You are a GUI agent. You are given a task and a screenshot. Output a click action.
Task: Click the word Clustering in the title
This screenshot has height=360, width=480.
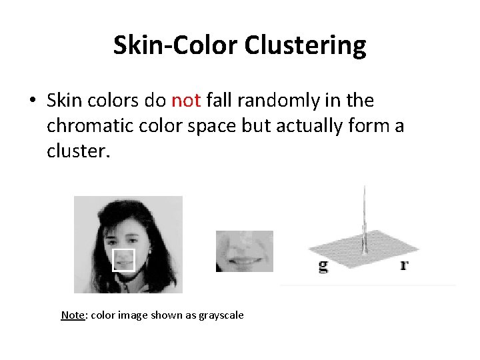point(305,46)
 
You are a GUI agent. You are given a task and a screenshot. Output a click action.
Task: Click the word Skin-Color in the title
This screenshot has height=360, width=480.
point(175,46)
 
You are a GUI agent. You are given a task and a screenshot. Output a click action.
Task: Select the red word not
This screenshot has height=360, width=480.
point(187,101)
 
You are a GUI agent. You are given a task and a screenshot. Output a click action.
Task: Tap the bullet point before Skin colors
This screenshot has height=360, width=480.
point(32,101)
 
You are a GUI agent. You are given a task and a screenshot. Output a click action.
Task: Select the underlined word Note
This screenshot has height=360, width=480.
point(73,315)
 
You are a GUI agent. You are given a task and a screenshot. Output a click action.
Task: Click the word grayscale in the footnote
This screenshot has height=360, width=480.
point(220,315)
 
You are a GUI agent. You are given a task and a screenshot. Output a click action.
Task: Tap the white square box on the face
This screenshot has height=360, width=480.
point(123,260)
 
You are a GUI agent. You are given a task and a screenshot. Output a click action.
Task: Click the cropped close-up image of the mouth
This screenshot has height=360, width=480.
point(244,251)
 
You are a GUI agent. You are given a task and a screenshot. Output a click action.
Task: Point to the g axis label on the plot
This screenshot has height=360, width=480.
point(323,266)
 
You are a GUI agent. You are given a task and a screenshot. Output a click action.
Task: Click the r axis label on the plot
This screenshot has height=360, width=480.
point(404,265)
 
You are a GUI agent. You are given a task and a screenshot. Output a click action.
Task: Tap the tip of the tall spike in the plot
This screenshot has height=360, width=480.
point(364,187)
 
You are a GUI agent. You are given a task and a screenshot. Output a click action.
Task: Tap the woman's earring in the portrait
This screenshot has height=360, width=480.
point(149,252)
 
